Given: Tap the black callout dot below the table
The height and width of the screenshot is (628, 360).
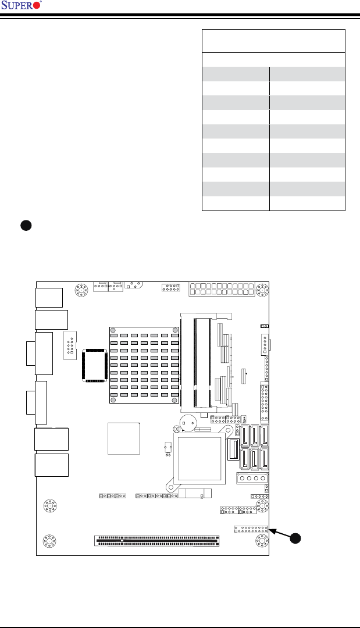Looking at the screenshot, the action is pyautogui.click(x=26, y=225).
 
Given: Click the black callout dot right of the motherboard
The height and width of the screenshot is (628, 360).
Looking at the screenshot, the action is pyautogui.click(x=295, y=538).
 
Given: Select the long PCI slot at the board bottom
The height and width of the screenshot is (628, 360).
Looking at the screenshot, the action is pyautogui.click(x=157, y=541).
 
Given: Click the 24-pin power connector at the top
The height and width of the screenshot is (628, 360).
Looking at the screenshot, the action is pyautogui.click(x=222, y=290).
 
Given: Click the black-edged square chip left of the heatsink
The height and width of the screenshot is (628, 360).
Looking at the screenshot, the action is pyautogui.click(x=94, y=365).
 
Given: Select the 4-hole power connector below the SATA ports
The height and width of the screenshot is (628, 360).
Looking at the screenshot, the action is pyautogui.click(x=252, y=478).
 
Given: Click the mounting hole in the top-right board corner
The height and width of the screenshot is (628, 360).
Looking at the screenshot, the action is pyautogui.click(x=262, y=290).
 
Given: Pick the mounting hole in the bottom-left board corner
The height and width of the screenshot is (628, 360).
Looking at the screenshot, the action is pyautogui.click(x=49, y=541).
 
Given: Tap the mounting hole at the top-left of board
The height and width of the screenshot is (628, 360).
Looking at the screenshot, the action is pyautogui.click(x=81, y=290).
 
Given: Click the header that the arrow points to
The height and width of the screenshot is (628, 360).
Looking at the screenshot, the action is pyautogui.click(x=251, y=530).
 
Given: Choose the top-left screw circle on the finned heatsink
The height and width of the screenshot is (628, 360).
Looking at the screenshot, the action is pyautogui.click(x=113, y=330).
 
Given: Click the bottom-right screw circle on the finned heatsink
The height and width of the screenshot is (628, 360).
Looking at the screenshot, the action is pyautogui.click(x=174, y=400).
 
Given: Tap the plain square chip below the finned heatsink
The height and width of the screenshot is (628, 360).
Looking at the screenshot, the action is pyautogui.click(x=124, y=438).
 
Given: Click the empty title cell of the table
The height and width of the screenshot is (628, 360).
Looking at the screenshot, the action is pyautogui.click(x=273, y=41).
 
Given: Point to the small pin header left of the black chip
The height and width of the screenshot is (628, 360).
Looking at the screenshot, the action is pyautogui.click(x=70, y=345).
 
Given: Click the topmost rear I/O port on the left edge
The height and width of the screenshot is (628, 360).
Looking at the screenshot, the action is pyautogui.click(x=49, y=298).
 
